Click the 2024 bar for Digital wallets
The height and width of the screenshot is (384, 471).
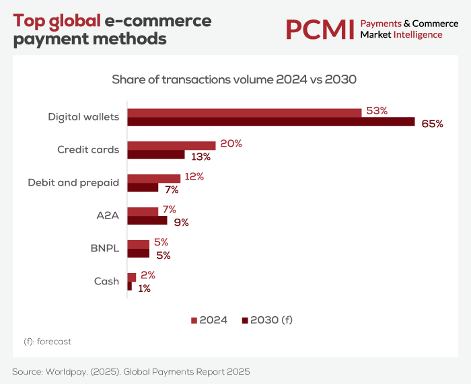tap(244, 112)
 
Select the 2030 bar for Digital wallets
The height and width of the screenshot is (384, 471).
tap(271, 122)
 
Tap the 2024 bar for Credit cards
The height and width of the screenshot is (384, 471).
tap(172, 145)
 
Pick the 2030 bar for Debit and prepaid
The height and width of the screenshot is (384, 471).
tap(143, 188)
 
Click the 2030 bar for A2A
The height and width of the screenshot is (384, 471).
tap(147, 220)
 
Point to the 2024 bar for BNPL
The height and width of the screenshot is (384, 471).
tap(139, 244)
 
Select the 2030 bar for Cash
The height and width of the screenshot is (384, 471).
tap(130, 286)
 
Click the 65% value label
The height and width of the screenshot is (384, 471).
tap(432, 124)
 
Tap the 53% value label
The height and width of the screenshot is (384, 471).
tap(376, 111)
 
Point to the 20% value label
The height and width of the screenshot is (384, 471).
tap(230, 144)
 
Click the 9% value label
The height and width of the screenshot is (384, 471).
tap(181, 222)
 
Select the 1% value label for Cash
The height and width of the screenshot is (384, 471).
tap(143, 288)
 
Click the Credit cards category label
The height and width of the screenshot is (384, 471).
tap(88, 149)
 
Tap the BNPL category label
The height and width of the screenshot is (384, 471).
tap(104, 248)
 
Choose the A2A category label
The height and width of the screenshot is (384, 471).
tap(108, 216)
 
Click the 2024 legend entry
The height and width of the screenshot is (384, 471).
tap(209, 320)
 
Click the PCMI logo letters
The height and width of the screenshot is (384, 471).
tap(319, 29)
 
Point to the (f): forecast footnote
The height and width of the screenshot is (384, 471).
tap(47, 341)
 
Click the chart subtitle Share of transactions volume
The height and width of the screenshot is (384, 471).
tap(234, 79)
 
